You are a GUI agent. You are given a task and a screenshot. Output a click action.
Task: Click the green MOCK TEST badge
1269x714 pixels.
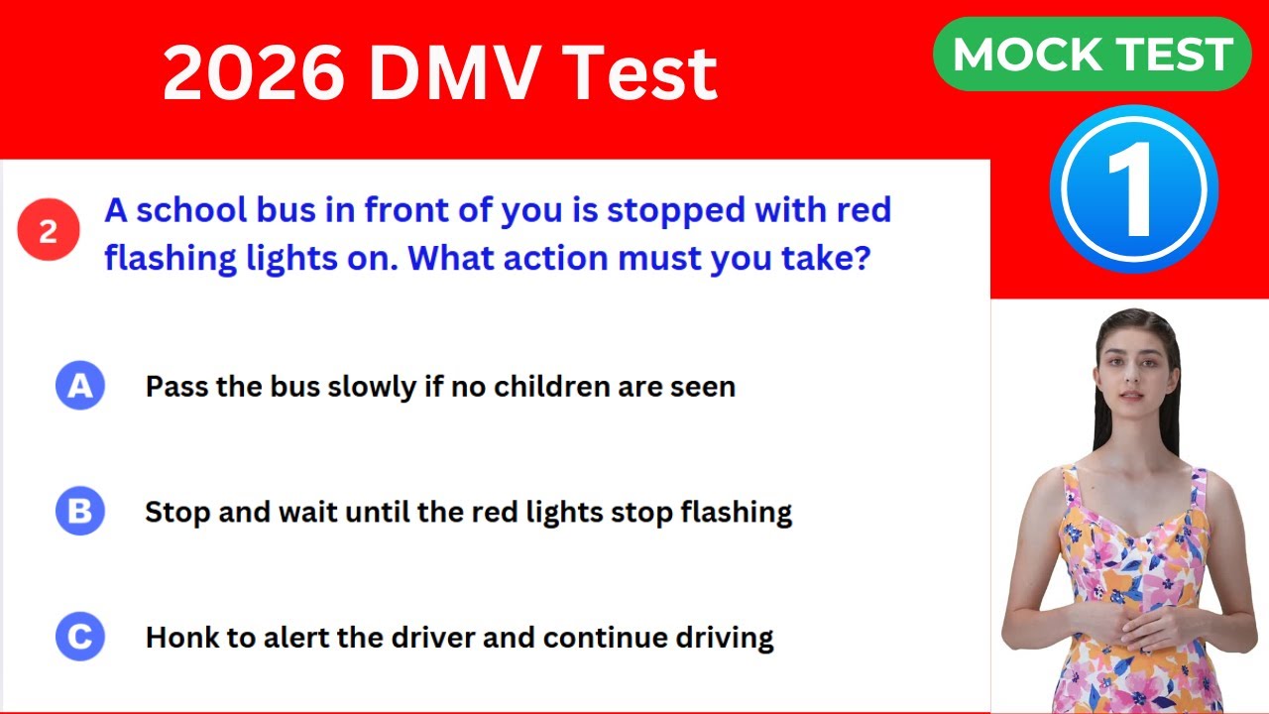pos(1092,55)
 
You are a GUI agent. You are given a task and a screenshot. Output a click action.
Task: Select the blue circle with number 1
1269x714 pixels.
pos(1133,188)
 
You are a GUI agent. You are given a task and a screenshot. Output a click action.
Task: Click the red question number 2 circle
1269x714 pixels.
pos(48,231)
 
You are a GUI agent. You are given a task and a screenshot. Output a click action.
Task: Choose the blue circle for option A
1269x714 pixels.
pos(79,386)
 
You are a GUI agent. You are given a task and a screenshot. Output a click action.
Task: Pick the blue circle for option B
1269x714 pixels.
pos(79,511)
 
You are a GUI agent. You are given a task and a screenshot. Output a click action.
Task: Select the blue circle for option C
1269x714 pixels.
pos(79,636)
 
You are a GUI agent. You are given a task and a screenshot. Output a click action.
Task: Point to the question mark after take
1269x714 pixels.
pos(862,260)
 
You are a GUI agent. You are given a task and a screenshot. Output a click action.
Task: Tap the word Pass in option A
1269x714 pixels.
pos(177,386)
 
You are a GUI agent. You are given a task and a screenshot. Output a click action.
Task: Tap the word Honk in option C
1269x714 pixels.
pos(186,637)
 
